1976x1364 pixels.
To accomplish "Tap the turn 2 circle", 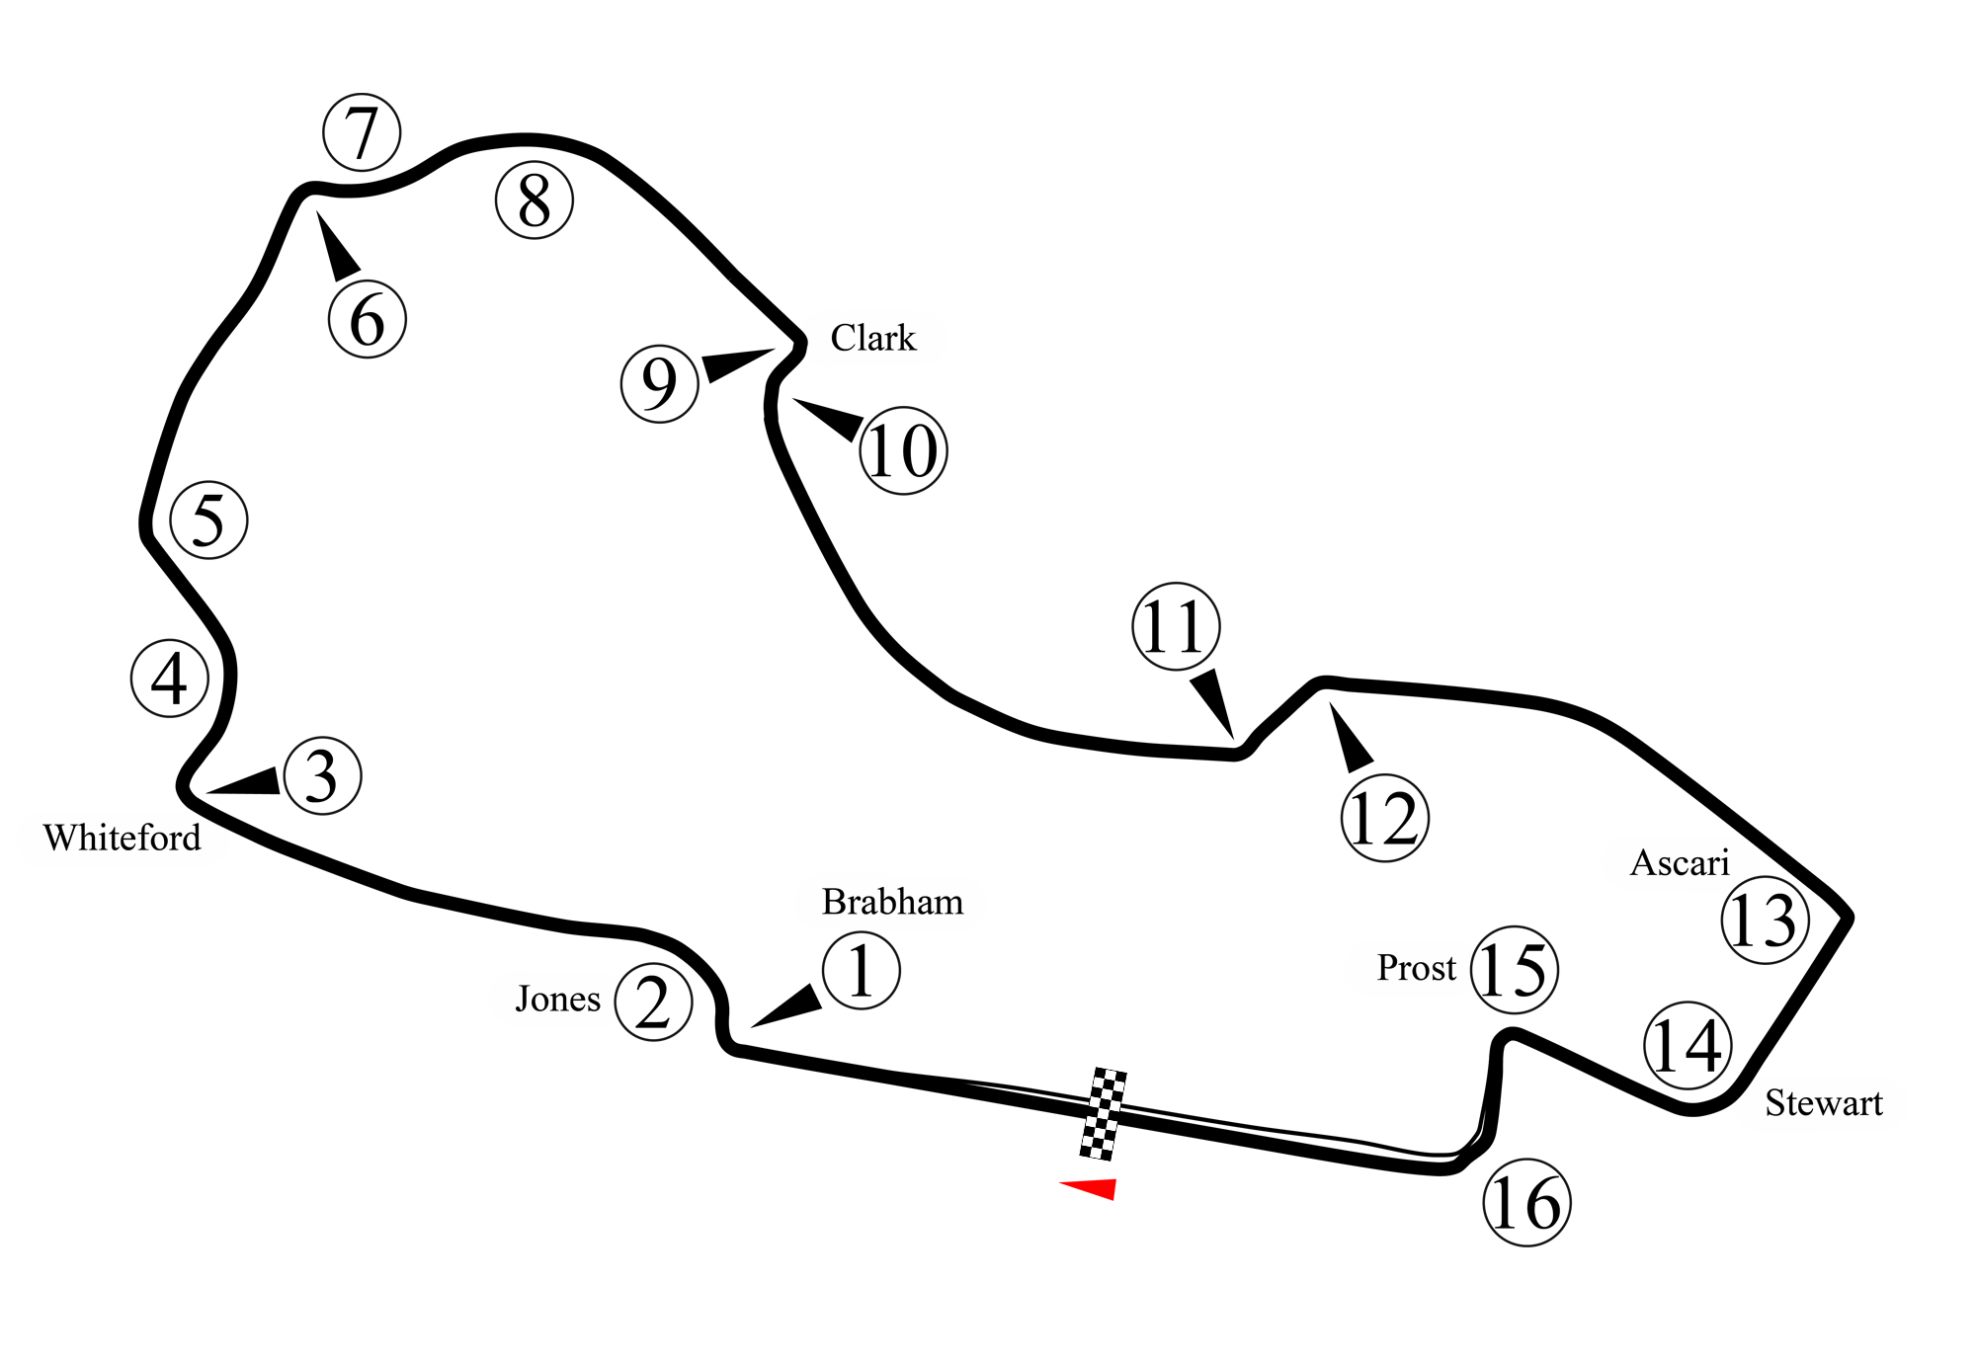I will [x=652, y=1003].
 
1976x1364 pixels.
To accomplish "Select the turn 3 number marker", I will [x=321, y=776].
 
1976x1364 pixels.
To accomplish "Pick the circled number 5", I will [x=208, y=520].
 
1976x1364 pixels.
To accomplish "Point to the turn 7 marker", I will [x=362, y=131].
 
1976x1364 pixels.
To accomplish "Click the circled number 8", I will [x=534, y=201].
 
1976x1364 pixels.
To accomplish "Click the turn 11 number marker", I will [x=1175, y=627].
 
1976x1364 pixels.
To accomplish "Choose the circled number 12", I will [x=1384, y=818].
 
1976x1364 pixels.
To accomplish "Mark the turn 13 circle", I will [x=1766, y=922].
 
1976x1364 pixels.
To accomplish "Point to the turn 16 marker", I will [x=1526, y=1204].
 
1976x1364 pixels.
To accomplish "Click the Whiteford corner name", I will [x=123, y=839].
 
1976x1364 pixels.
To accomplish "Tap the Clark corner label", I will [x=872, y=339].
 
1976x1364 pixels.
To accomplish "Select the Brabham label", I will [x=892, y=902].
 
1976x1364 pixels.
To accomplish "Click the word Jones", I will [x=558, y=1000].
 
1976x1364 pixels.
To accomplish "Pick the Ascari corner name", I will [x=1680, y=863].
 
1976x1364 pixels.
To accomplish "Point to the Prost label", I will [x=1417, y=968].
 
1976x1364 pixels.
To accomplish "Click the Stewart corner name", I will [x=1824, y=1103].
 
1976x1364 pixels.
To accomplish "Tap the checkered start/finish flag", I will [x=1103, y=1112].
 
